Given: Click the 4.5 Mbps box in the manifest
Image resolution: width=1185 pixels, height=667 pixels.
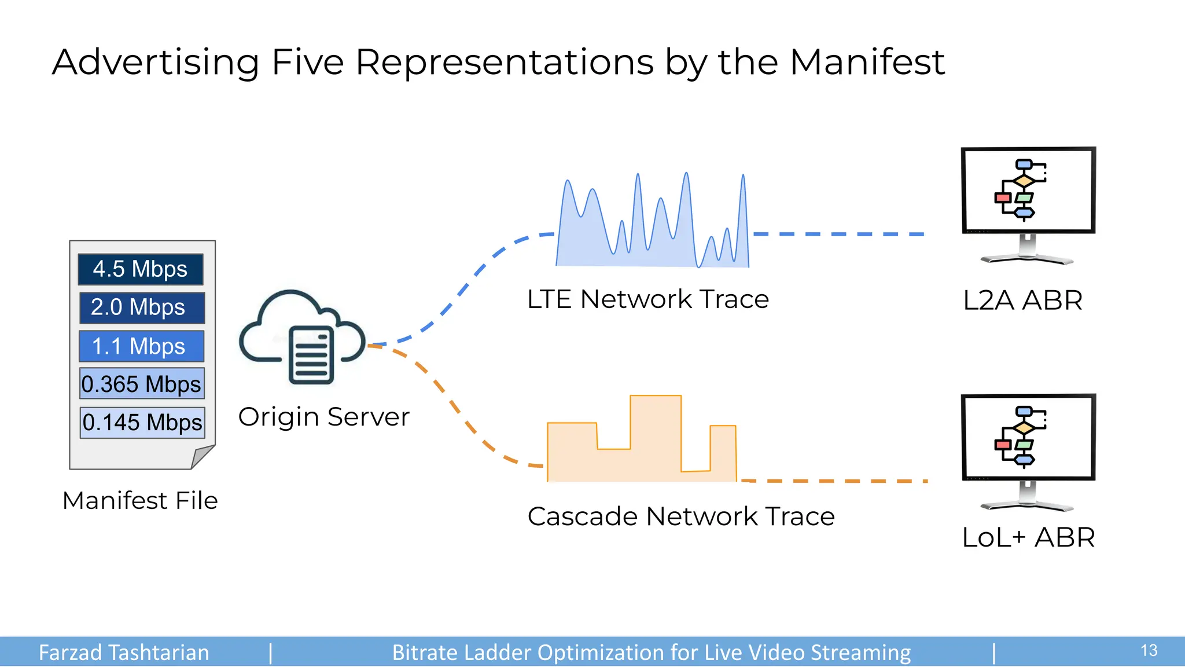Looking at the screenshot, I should (141, 269).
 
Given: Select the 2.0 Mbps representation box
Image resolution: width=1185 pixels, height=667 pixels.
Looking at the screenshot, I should (142, 307).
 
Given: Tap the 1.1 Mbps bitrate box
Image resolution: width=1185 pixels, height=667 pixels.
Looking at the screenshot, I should (141, 346).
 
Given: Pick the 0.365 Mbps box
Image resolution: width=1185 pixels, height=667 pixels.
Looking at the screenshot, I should (142, 384).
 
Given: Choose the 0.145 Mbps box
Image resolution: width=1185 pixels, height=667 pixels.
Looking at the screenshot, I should (142, 422).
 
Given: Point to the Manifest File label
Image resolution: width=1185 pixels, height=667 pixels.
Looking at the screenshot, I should (140, 501).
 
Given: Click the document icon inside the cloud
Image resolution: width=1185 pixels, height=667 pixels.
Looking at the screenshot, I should (311, 354).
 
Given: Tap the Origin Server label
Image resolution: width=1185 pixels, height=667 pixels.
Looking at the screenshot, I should (323, 417).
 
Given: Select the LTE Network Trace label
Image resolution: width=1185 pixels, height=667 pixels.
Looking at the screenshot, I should (647, 299).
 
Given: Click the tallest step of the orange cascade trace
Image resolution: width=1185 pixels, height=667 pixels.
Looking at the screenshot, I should (655, 434).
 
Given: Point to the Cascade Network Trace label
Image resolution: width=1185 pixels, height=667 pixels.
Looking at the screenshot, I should (680, 516).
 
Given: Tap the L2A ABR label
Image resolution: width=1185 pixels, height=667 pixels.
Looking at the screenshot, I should (1022, 300).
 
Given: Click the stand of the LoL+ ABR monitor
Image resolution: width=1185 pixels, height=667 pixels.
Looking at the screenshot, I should (1027, 498).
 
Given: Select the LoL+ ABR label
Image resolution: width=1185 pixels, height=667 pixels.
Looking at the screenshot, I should (1028, 537).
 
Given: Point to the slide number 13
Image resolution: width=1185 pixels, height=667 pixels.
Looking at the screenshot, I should (1149, 651).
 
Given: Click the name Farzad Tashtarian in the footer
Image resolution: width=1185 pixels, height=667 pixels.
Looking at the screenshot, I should (124, 653).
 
